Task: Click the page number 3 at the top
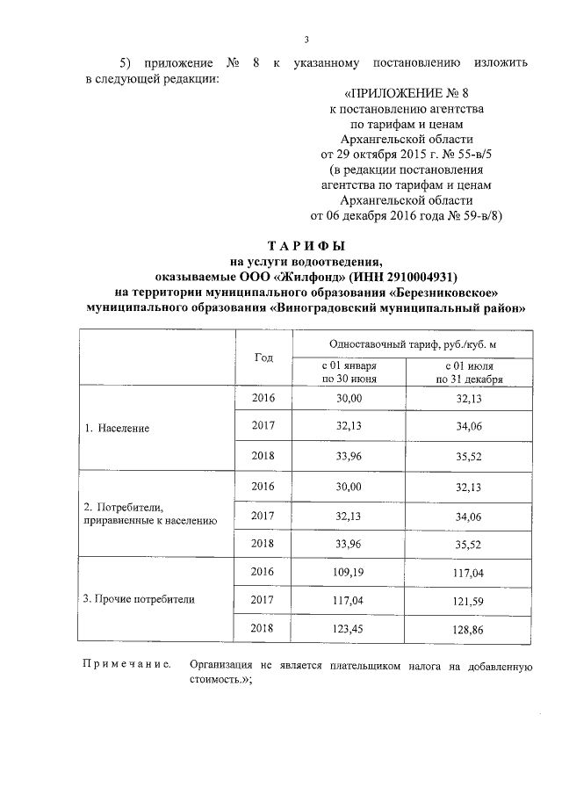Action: coord(306,39)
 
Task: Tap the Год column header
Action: coord(263,358)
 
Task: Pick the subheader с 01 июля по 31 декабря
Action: coord(474,372)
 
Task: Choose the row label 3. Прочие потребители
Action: coord(139,599)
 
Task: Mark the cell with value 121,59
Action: coord(474,600)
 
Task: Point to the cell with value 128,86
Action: coord(474,629)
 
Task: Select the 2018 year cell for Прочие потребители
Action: coord(263,629)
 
